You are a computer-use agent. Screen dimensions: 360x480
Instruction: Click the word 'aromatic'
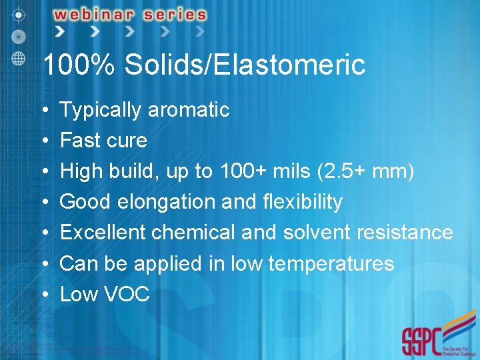pyautogui.click(x=189, y=110)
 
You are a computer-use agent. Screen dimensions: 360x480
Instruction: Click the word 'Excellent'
pyautogui.click(x=103, y=233)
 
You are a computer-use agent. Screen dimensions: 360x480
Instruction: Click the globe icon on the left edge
pyautogui.click(x=18, y=57)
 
